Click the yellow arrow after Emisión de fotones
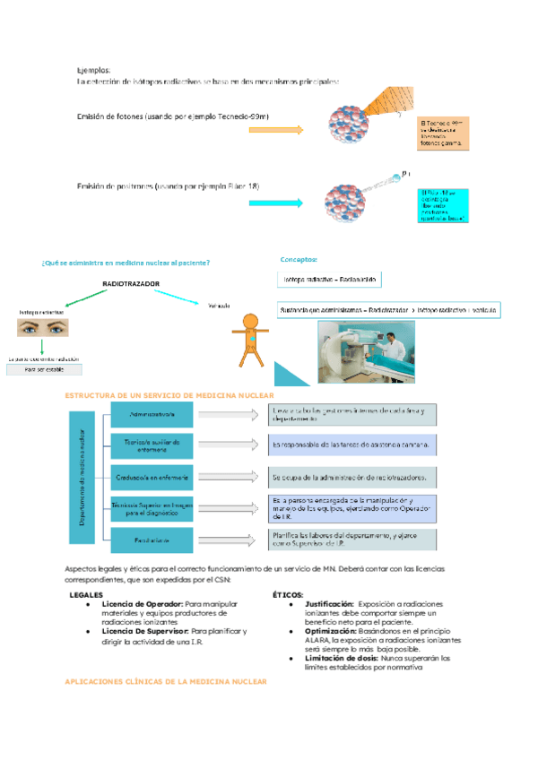click(x=277, y=129)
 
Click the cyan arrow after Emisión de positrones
click(x=277, y=203)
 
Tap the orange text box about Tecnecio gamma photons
click(x=445, y=134)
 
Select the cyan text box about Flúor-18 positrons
click(x=446, y=205)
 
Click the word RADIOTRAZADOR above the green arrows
click(x=131, y=283)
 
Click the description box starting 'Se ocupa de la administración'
click(x=353, y=476)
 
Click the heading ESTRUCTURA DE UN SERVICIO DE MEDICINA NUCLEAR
click(x=169, y=395)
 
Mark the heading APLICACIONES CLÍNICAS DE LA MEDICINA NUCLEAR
click(x=166, y=682)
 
